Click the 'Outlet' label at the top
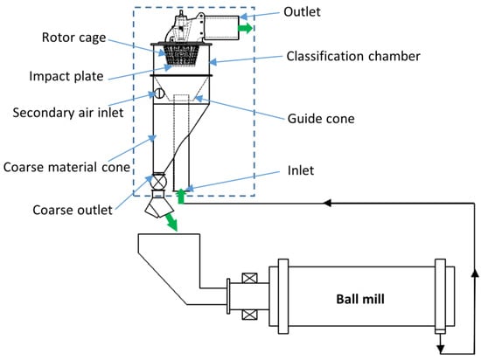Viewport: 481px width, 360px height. click(303, 12)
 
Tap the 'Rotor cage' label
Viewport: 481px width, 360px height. click(74, 38)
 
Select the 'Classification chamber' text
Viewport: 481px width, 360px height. click(353, 57)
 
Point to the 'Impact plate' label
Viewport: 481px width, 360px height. click(66, 76)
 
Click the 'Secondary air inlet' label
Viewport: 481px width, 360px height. click(68, 113)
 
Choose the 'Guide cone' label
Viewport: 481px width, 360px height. click(321, 119)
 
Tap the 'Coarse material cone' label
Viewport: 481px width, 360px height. click(66, 167)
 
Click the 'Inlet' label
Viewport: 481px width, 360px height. click(301, 170)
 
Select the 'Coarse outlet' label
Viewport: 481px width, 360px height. click(73, 211)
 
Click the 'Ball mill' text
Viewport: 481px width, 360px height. click(360, 299)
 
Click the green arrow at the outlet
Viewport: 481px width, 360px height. click(246, 28)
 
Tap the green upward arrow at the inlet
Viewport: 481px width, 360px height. click(181, 197)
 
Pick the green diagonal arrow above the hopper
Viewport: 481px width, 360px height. click(171, 222)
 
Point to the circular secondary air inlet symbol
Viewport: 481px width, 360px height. click(159, 93)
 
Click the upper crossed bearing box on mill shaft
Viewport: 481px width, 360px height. click(250, 278)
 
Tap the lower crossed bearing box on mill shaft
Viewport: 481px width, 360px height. click(250, 315)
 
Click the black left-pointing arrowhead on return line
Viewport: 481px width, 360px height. click(328, 203)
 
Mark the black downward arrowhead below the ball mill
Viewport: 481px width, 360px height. click(441, 350)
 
